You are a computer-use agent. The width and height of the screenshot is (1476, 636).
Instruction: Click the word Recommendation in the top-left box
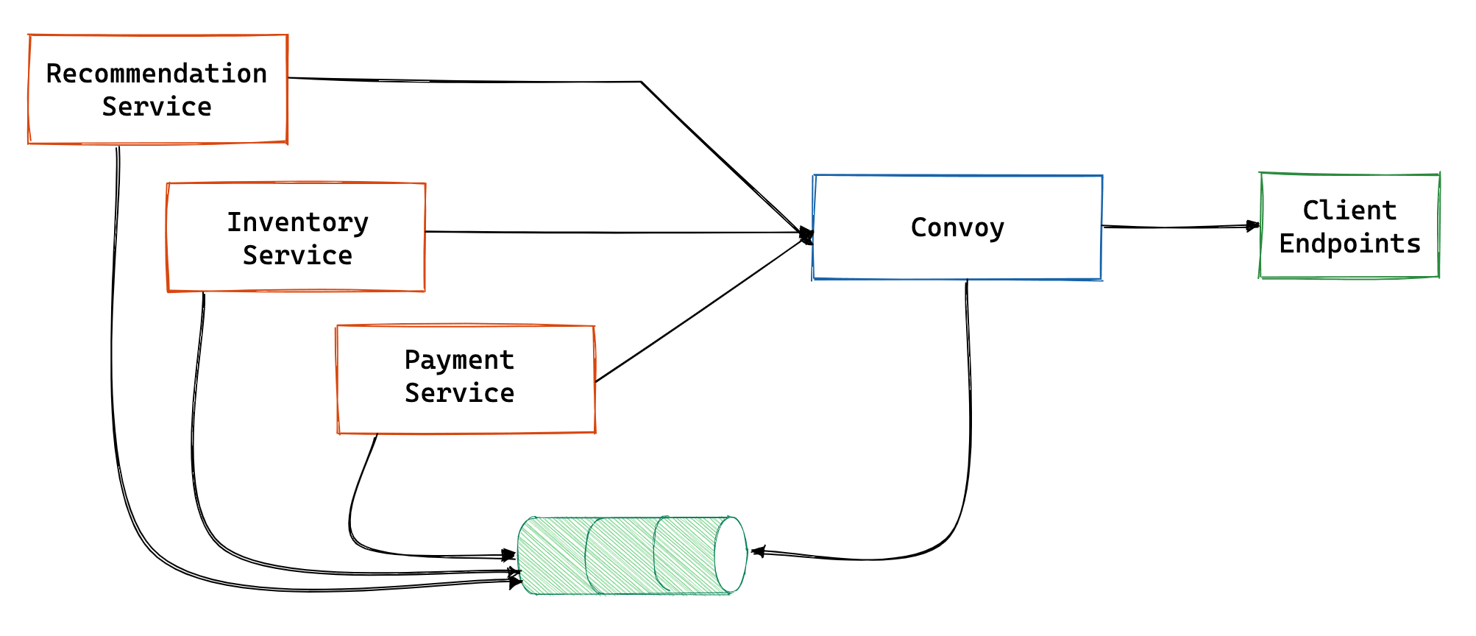click(156, 74)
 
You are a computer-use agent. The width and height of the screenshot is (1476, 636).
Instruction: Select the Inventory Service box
click(296, 237)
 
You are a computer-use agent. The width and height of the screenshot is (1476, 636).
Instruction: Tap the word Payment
click(459, 360)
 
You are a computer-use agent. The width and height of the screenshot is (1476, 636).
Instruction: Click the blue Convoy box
click(957, 227)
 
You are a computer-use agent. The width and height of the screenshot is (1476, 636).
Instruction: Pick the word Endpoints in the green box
click(1349, 244)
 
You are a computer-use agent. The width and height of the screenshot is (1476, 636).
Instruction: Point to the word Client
click(1349, 211)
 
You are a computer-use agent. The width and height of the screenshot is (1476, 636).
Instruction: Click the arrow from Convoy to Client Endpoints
click(1177, 227)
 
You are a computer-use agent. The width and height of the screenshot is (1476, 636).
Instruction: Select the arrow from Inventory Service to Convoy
click(618, 233)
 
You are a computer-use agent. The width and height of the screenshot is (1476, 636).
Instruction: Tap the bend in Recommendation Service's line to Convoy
click(642, 82)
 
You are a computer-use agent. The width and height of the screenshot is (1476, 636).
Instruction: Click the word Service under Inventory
click(297, 255)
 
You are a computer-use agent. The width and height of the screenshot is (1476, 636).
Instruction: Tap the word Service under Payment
click(459, 393)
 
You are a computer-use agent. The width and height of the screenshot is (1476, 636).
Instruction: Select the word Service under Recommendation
click(156, 107)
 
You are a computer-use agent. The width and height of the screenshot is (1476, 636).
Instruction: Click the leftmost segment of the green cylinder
click(552, 556)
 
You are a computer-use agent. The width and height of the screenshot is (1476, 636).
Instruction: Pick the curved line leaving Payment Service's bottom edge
click(353, 501)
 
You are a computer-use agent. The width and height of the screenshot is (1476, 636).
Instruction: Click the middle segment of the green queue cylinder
click(620, 556)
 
